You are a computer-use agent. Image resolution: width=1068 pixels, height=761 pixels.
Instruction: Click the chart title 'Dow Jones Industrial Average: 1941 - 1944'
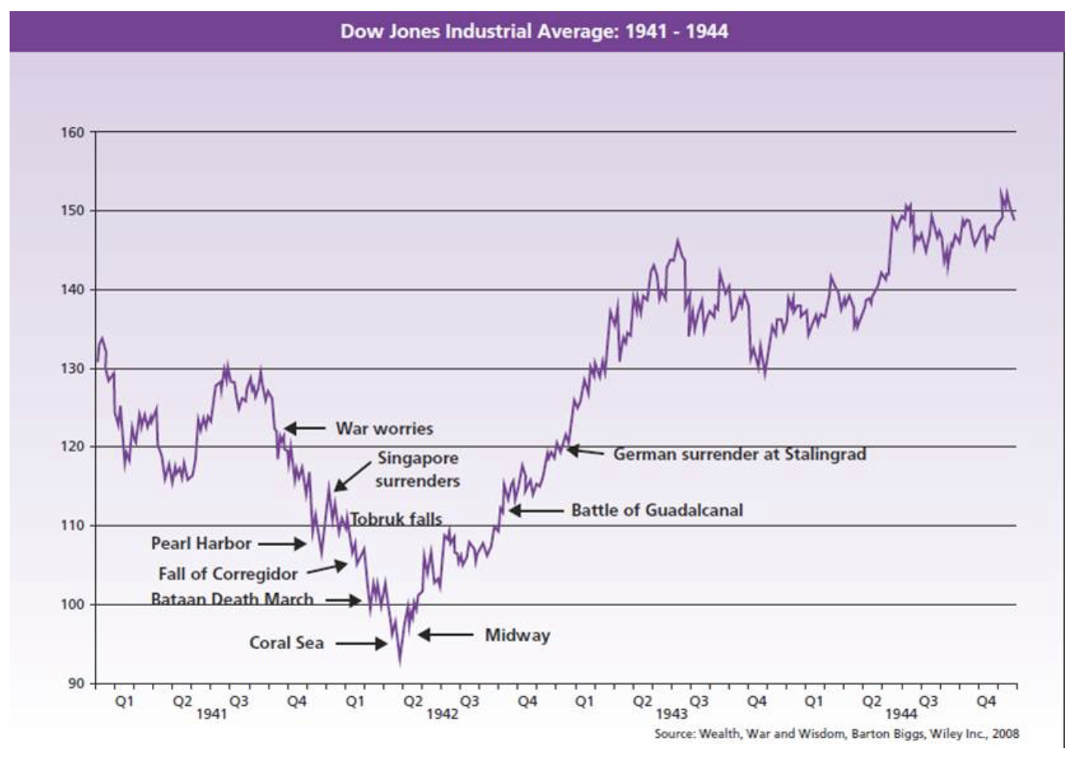pos(534,32)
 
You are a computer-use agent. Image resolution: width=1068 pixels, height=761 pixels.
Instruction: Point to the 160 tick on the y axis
pos(73,133)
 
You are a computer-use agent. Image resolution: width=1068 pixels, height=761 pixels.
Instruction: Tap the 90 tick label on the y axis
pos(75,683)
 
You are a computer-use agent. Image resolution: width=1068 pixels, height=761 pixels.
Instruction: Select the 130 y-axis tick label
pos(73,369)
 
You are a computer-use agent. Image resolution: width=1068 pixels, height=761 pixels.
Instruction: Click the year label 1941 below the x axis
pos(212,713)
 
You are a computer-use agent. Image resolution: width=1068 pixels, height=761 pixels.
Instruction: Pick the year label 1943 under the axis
pos(671,713)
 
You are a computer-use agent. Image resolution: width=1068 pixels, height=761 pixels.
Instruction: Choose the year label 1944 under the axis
pos(901,713)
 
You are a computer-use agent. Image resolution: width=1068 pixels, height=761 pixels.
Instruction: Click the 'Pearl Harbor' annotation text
pos(201,544)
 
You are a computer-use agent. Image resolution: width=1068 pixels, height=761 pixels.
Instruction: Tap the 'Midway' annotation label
pos(517,635)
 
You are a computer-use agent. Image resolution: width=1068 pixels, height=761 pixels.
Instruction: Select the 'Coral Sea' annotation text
pos(286,643)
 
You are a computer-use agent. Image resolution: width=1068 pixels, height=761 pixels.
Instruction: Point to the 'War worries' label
pos(384,428)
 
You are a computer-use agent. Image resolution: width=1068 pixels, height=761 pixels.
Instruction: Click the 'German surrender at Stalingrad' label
pos(739,454)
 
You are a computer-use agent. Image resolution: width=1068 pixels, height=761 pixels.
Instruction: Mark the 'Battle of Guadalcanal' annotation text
pos(656,510)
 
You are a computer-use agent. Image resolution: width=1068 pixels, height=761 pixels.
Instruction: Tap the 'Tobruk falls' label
pos(396,519)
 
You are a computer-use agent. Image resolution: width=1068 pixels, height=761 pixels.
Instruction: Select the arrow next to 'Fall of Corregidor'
pos(327,568)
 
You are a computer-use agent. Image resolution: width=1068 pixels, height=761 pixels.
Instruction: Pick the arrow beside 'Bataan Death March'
pos(343,600)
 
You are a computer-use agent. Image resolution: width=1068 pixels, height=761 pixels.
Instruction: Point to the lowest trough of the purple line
pos(400,662)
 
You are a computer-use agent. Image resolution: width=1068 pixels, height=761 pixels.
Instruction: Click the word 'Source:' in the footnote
pos(674,734)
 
